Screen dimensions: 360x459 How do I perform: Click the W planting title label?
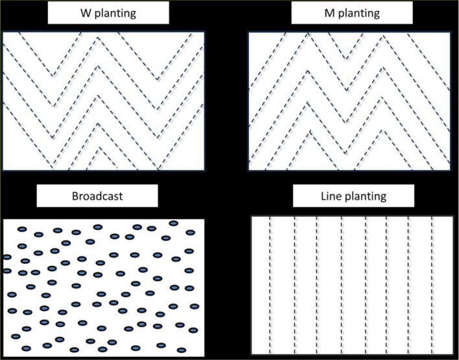click(108, 13)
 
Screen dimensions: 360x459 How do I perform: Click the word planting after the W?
click(115, 14)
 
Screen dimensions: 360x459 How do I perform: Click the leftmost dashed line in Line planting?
click(270, 285)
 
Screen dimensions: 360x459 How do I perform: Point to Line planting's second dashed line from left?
click(295, 285)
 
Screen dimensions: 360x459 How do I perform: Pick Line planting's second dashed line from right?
click(409, 285)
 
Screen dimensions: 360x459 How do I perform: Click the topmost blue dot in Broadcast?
click(174, 222)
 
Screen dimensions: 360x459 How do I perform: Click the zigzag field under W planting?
click(104, 101)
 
